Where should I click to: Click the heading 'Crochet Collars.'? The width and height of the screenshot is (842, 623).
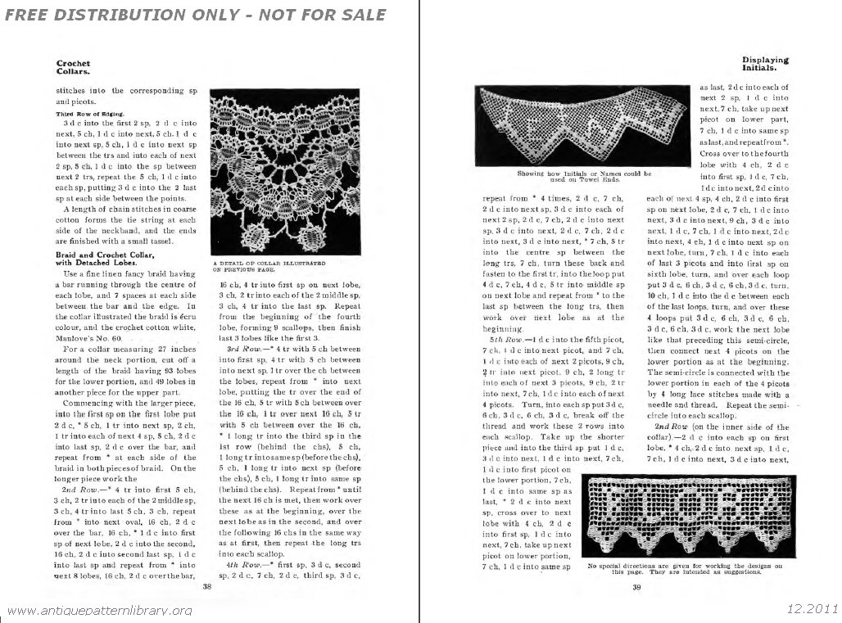[x=73, y=67]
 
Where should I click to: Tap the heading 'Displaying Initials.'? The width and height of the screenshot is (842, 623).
[x=765, y=64]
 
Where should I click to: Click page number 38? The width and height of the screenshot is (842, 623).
[x=207, y=586]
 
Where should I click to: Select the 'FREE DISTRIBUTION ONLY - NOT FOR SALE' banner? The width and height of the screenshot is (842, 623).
[x=195, y=15]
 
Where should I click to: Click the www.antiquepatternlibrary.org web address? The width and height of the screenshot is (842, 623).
[x=98, y=611]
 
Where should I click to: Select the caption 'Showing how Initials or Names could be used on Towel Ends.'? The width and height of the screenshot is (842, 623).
[x=584, y=176]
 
